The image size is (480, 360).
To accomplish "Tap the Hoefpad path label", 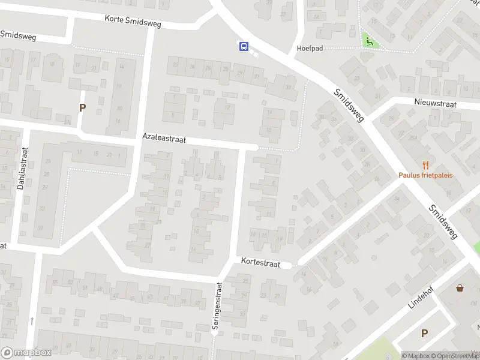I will (310, 48).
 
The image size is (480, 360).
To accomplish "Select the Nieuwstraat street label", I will (435, 103).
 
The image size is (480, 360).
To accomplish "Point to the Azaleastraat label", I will (164, 139).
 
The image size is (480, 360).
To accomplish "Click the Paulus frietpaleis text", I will (425, 175).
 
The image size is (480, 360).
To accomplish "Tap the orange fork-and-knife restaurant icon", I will (426, 164).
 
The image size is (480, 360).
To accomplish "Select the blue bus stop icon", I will (244, 46).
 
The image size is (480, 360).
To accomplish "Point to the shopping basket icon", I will (460, 288).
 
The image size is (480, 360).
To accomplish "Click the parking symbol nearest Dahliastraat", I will (82, 108).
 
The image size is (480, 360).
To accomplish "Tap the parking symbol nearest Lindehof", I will (424, 334).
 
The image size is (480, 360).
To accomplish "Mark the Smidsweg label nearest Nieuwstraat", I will (349, 105).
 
